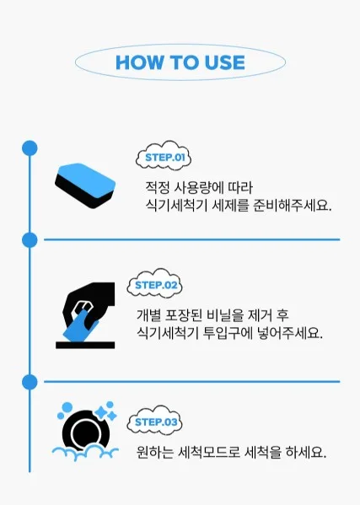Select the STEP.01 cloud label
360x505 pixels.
tap(164, 156)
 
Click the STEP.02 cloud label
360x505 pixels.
tap(154, 283)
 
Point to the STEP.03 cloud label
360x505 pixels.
tap(154, 421)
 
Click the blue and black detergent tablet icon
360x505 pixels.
tap(85, 185)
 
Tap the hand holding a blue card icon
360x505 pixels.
tap(88, 311)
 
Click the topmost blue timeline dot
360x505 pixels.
tap(30, 148)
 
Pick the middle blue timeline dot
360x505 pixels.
tap(30, 240)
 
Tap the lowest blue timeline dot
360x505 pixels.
tap(30, 382)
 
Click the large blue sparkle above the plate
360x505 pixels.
tap(100, 412)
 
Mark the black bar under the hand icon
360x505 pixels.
tap(85, 345)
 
